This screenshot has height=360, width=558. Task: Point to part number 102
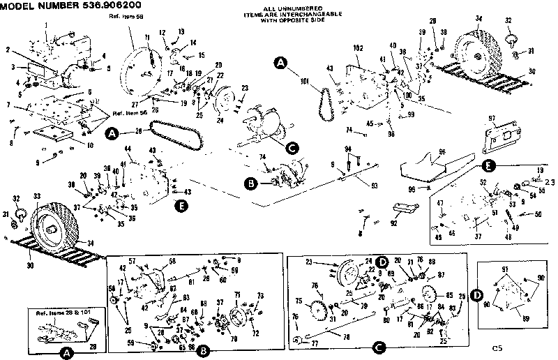[x=360, y=47]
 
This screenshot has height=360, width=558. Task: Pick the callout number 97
[x=492, y=119]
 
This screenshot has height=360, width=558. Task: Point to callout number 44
[x=128, y=149]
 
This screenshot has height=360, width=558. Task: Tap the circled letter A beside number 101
[x=280, y=63]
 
